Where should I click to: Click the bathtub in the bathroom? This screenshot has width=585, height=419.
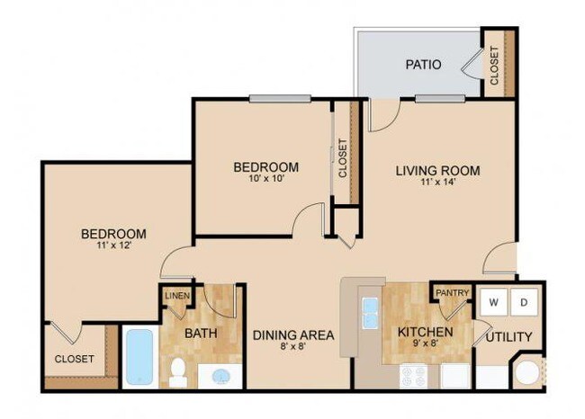[139, 358]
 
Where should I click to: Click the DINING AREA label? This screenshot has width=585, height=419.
[293, 335]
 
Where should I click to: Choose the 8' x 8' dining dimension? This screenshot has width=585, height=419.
[293, 349]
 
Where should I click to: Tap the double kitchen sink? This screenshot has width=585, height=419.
[370, 311]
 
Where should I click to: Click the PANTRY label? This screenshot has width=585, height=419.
[452, 293]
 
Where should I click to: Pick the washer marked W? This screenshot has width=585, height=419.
[492, 302]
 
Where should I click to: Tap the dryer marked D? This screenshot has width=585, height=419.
[525, 302]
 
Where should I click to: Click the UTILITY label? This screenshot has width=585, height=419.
[509, 337]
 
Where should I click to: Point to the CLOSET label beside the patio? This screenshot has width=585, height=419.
[494, 65]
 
